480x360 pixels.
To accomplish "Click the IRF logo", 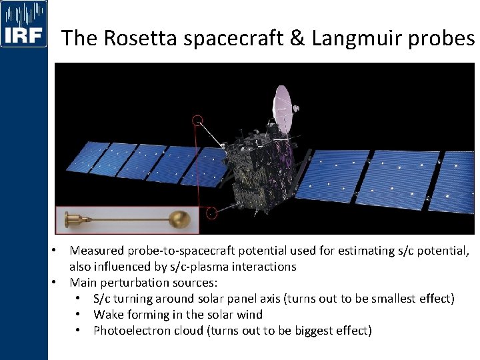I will point(24,24).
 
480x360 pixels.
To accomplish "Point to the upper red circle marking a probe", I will point(197,120).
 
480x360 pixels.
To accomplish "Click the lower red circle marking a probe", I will point(211,214).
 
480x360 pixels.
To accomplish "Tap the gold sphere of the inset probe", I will point(180,219).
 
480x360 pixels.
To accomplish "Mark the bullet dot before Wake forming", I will point(79,314).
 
